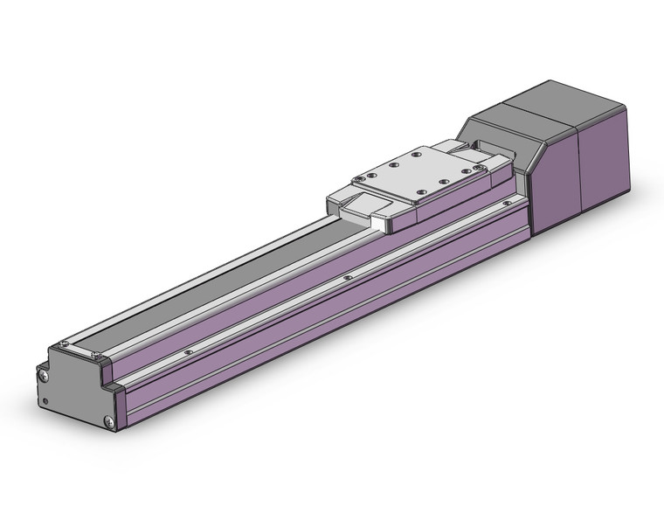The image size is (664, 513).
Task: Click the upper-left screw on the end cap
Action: tap(43, 375)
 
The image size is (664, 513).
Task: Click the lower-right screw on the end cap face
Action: tap(108, 423)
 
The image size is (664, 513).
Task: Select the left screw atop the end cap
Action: tap(65, 343)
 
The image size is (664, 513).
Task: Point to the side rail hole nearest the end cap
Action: tap(188, 351)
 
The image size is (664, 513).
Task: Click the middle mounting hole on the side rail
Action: tap(348, 278)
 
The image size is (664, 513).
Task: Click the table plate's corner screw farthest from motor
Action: tap(359, 181)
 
